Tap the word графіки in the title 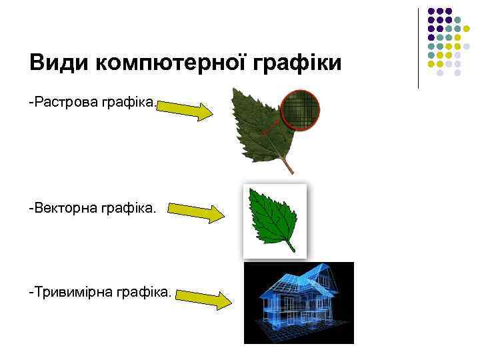(x=297, y=64)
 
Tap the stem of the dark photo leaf (x=288, y=165)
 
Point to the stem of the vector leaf (x=291, y=246)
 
